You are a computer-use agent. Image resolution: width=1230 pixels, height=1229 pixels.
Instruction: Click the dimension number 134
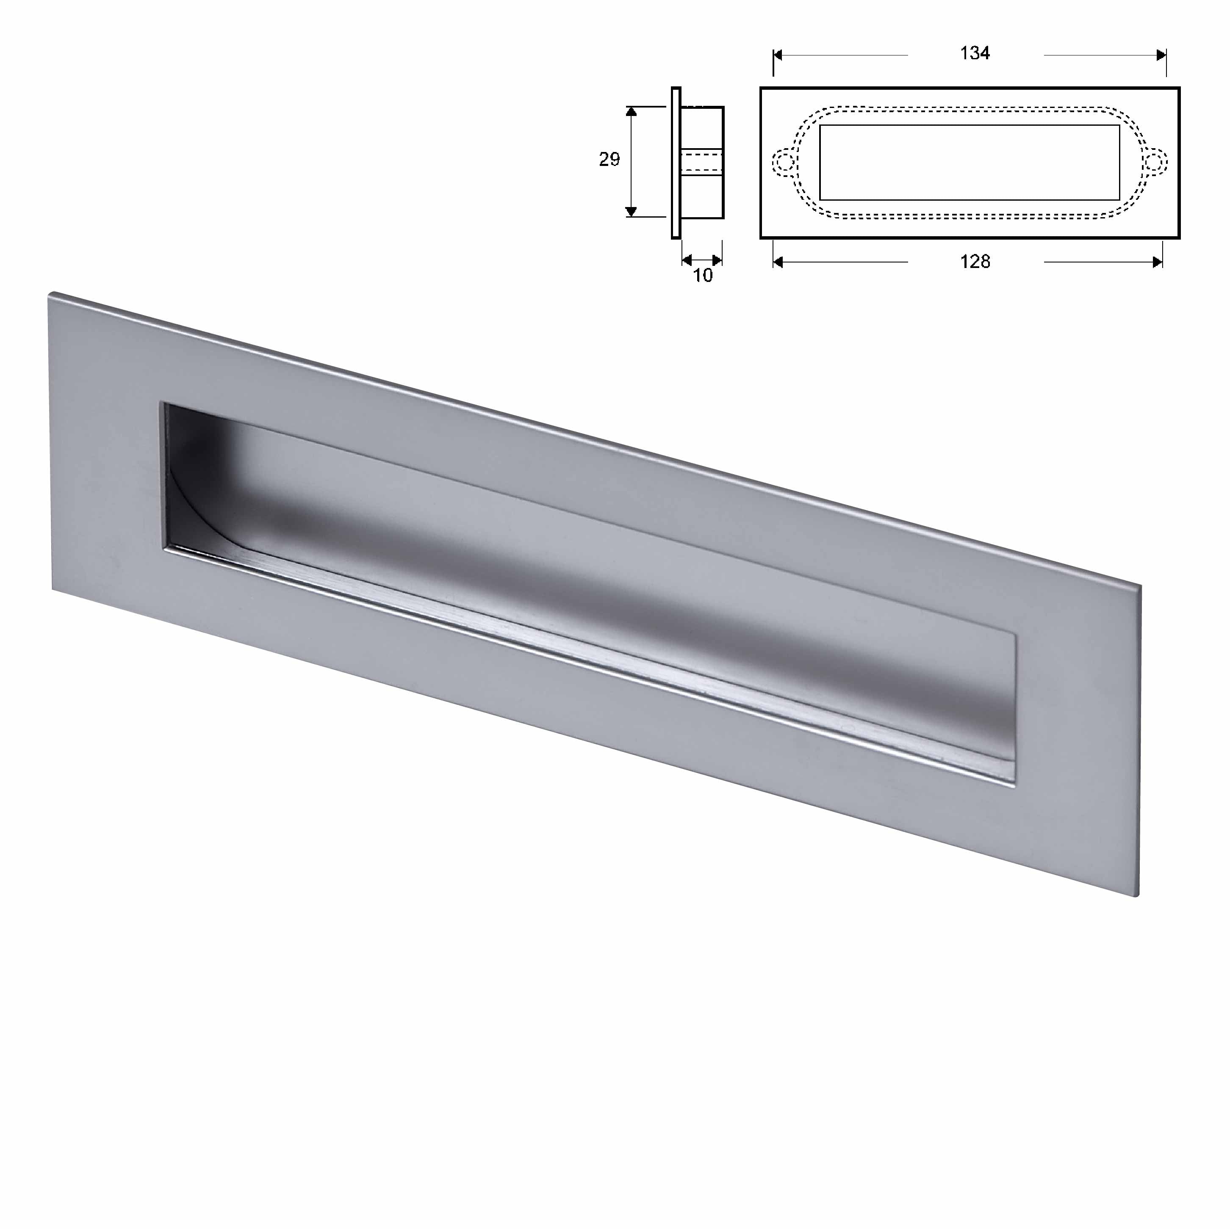(x=974, y=53)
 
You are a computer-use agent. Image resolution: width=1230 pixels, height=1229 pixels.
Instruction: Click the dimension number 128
(x=974, y=262)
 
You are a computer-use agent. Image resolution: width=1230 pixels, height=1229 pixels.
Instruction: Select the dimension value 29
(x=609, y=159)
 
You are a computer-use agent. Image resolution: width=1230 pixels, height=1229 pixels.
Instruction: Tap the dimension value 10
(x=702, y=276)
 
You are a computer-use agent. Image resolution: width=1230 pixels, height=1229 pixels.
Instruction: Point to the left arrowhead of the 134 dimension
(x=778, y=55)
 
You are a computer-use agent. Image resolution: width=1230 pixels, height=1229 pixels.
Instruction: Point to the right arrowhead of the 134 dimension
(x=1161, y=55)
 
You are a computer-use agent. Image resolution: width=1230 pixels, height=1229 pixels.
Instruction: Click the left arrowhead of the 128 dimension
(x=778, y=262)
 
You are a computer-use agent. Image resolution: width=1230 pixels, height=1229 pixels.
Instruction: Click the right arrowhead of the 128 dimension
(x=1158, y=262)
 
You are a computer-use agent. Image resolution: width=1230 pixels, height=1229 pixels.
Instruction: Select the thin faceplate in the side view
(x=676, y=163)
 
